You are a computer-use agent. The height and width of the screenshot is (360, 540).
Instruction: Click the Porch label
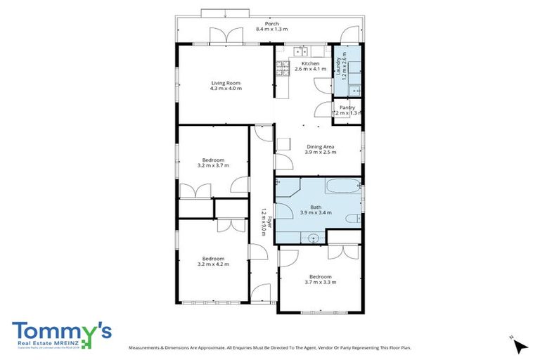click(x=271, y=23)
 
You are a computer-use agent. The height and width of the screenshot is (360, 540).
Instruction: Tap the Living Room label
click(x=226, y=83)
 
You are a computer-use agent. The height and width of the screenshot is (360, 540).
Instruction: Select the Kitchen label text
click(x=309, y=63)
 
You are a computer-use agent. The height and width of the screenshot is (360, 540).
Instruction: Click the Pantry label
click(x=347, y=108)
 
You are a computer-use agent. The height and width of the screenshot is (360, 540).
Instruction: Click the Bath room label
click(x=316, y=207)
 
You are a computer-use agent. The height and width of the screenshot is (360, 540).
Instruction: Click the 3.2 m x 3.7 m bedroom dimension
click(x=214, y=166)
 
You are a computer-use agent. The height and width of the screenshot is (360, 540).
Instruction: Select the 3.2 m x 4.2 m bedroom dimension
click(x=214, y=264)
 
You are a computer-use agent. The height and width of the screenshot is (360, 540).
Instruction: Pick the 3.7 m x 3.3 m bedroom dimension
click(x=320, y=282)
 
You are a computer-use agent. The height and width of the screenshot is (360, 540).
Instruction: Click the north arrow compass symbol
click(x=519, y=345)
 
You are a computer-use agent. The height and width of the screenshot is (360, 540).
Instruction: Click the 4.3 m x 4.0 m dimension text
click(x=226, y=89)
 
